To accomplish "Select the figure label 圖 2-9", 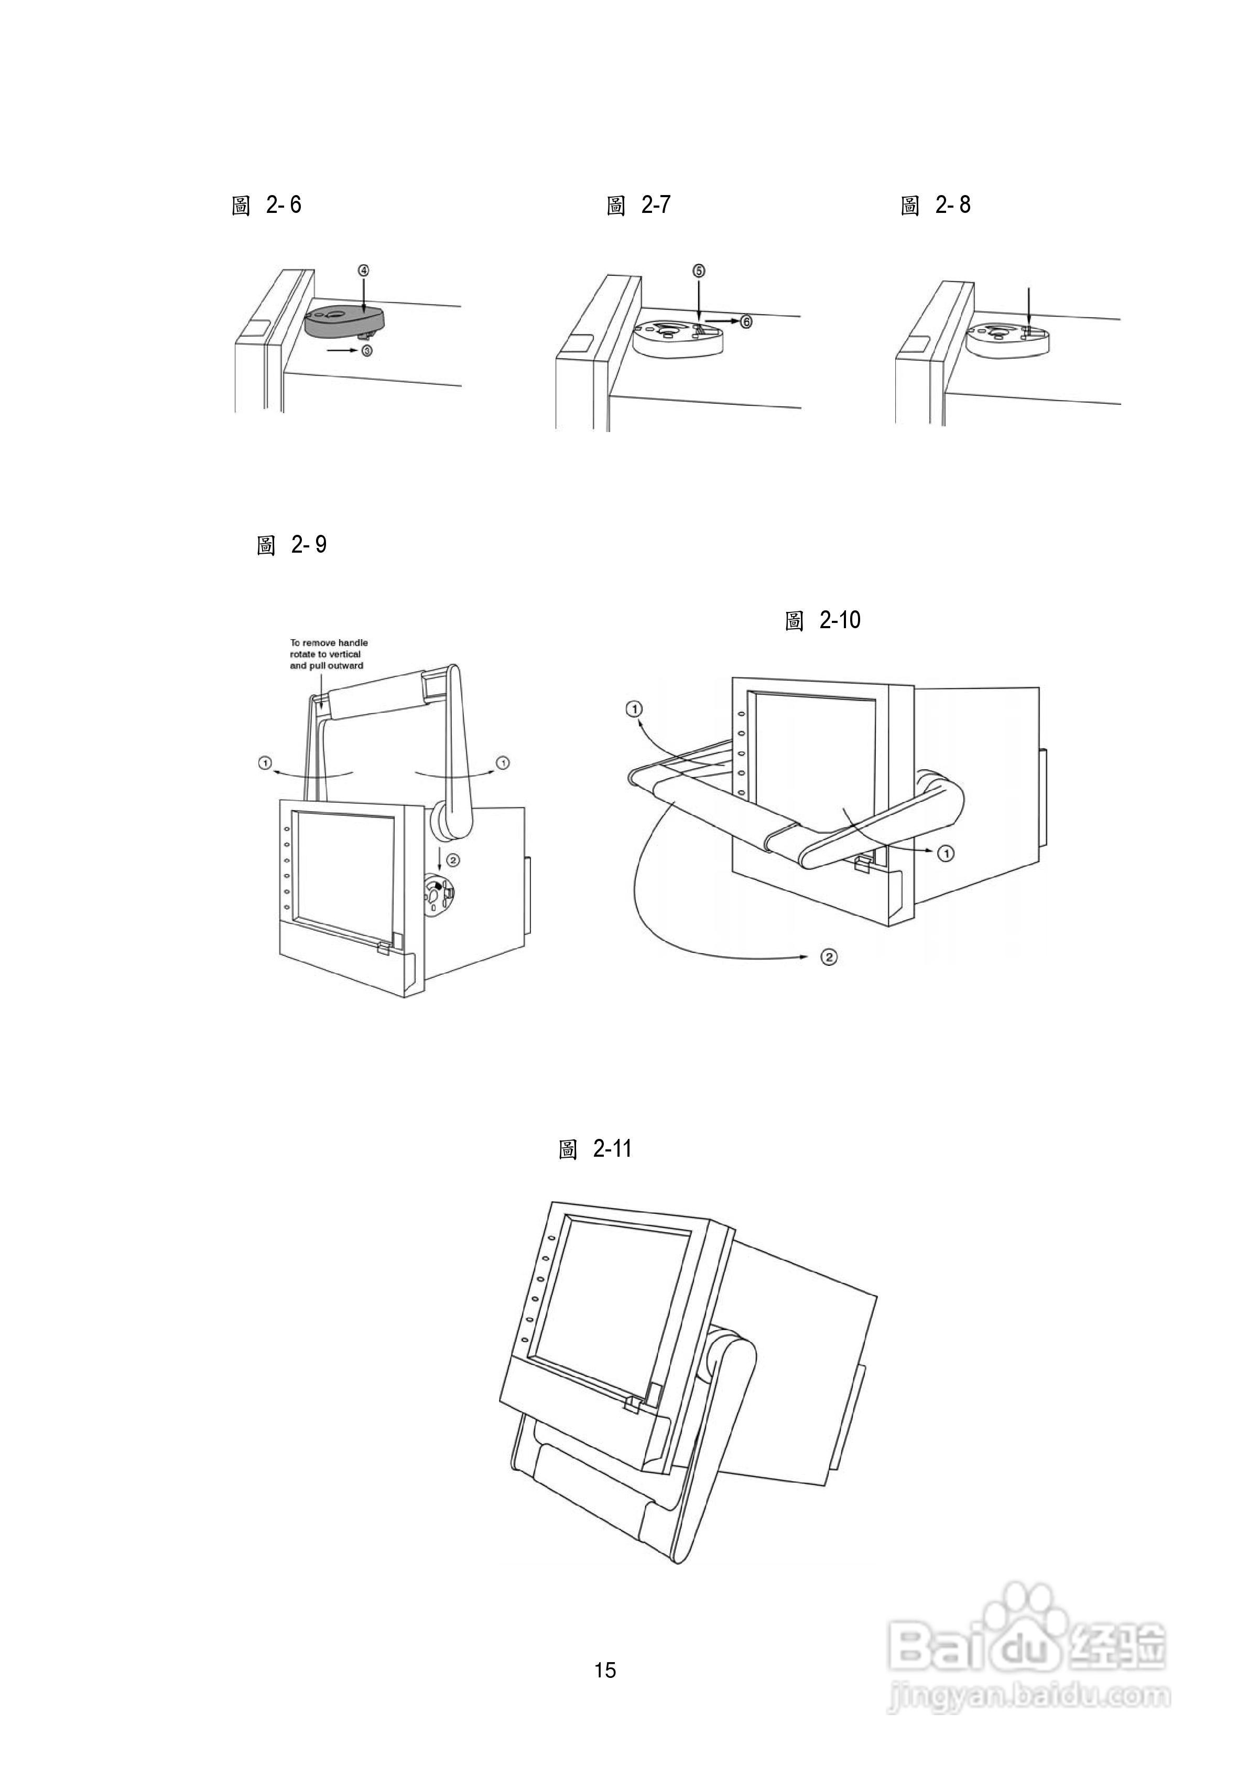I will pyautogui.click(x=291, y=545).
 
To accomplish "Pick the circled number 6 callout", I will pyautogui.click(x=746, y=321).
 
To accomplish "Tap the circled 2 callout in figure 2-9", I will pyautogui.click(x=454, y=859).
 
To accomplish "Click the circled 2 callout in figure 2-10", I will pyautogui.click(x=829, y=957).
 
